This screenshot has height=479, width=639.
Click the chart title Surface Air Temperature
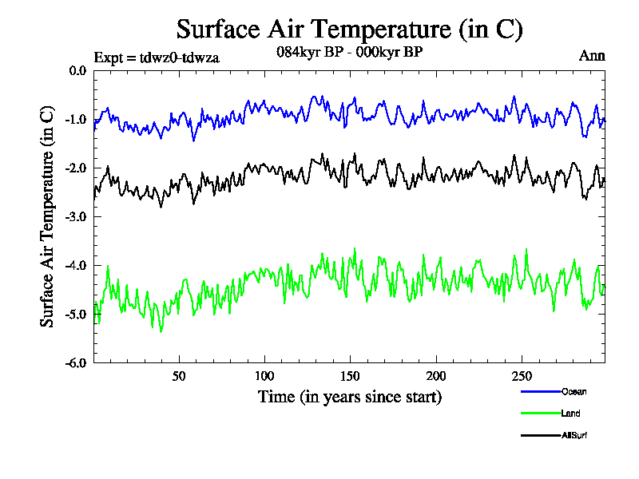tap(349, 30)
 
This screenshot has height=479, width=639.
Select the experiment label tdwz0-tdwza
tap(157, 57)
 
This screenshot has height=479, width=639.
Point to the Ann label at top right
tap(592, 56)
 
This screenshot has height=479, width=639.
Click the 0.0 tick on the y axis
tap(77, 71)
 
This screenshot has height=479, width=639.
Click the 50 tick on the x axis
tap(179, 376)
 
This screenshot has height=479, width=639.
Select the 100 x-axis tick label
tap(264, 376)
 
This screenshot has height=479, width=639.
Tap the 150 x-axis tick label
tap(350, 376)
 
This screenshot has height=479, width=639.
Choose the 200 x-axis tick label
tap(435, 376)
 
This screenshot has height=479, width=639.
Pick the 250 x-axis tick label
tap(521, 376)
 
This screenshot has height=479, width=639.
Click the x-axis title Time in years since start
tap(350, 397)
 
